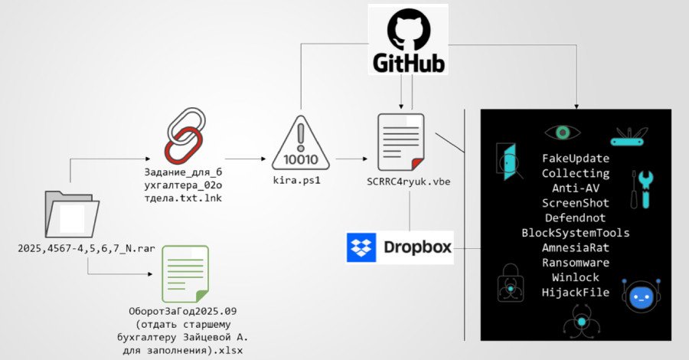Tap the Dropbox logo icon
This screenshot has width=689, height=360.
pos(361,247)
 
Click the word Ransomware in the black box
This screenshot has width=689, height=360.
pos(575,262)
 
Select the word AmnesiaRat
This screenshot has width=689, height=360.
pos(575,247)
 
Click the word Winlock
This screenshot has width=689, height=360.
pos(575,277)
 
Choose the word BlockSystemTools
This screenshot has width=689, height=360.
pos(575,233)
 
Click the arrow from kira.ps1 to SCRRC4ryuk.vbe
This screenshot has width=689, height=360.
pos(354,162)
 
